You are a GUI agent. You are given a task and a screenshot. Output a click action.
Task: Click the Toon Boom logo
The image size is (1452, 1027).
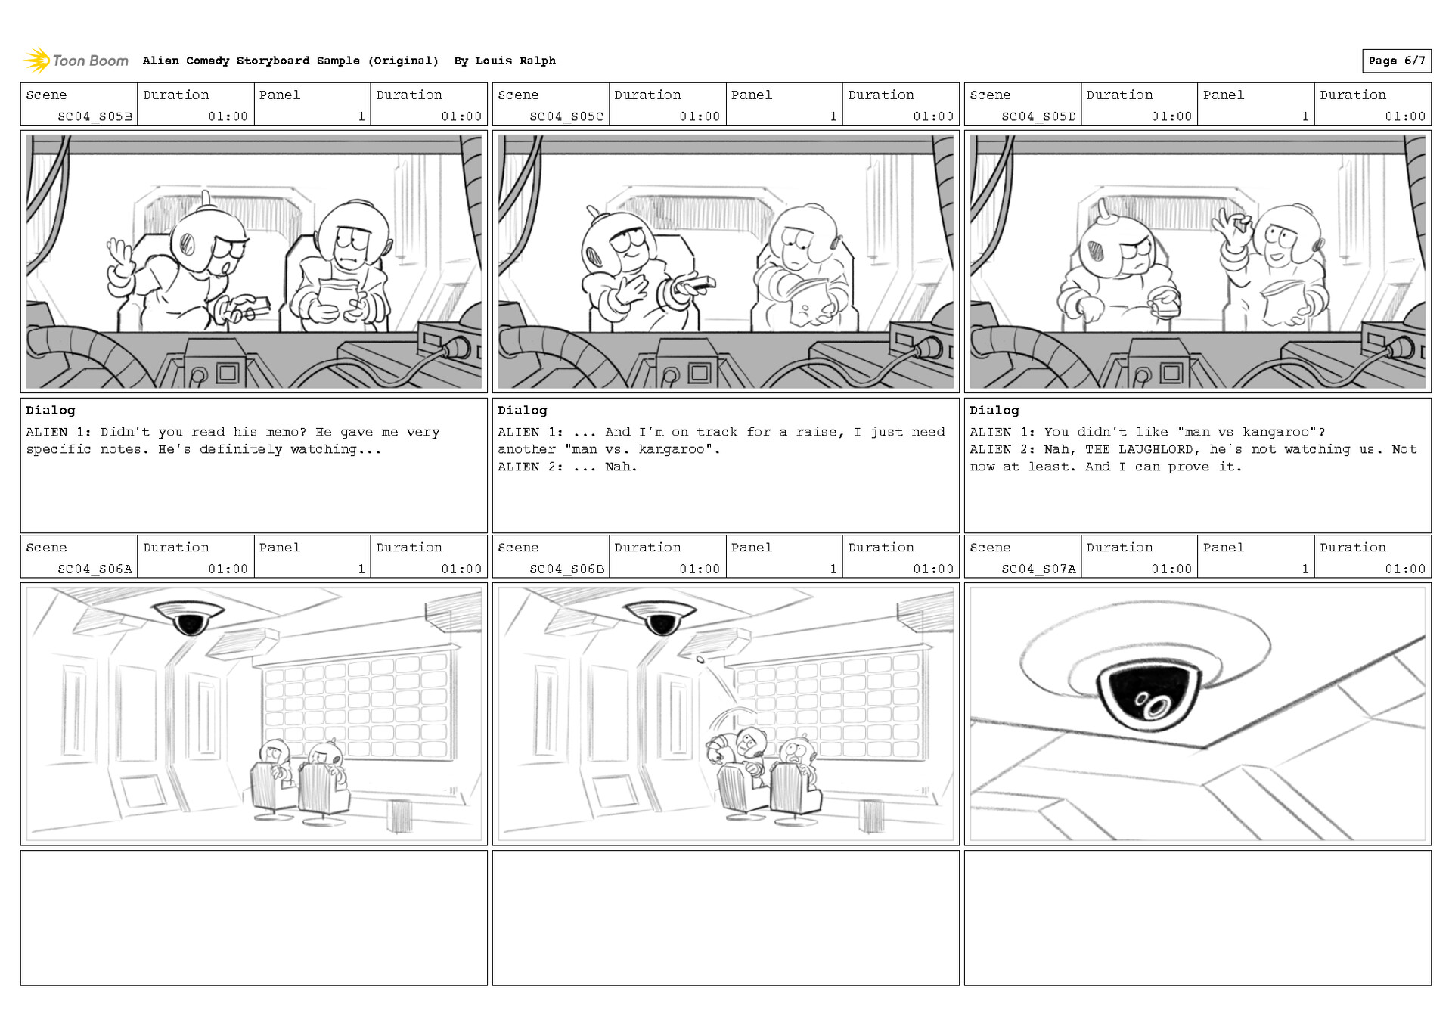76,61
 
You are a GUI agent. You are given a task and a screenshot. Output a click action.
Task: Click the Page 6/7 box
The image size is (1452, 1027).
1396,61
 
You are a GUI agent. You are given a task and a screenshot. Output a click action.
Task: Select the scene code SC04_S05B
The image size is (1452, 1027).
95,116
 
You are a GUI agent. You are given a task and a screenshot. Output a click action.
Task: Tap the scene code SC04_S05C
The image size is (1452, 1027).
566,116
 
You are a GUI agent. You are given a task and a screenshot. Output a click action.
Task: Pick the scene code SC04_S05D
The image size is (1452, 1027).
1038,116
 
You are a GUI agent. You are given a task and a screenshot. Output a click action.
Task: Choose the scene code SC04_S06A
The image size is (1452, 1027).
95,569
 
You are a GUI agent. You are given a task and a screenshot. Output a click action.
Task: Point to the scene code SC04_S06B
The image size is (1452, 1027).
566,569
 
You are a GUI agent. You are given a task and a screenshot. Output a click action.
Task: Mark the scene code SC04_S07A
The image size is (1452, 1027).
1038,569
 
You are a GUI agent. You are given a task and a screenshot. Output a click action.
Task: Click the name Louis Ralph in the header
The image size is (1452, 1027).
515,61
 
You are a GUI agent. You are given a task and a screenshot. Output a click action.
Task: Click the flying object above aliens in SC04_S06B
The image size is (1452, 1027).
700,659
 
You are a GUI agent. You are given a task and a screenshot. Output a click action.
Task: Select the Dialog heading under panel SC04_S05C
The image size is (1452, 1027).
522,410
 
